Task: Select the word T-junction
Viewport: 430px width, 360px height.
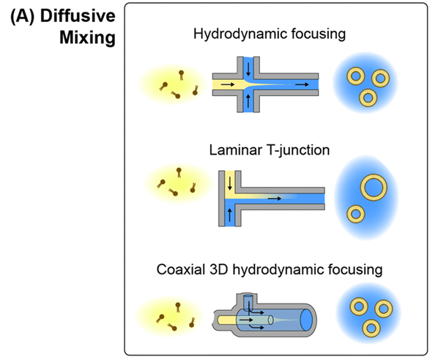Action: pos(297,150)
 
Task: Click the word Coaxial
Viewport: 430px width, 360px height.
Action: pos(180,269)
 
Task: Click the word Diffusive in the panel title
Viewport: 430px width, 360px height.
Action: pos(78,16)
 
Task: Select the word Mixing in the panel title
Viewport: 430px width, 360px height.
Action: pos(87,37)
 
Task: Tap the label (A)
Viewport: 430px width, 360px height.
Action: pos(23,16)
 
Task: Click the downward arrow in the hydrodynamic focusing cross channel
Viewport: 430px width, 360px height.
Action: pos(248,70)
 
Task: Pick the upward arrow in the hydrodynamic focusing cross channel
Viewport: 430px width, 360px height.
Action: pos(248,100)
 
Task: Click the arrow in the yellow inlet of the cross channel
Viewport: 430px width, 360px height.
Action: pos(228,84)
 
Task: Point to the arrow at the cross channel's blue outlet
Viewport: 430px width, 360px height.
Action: pos(302,84)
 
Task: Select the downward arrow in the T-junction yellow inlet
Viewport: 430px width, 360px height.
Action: pos(230,183)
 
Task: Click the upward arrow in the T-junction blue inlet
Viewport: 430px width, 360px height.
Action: pos(230,215)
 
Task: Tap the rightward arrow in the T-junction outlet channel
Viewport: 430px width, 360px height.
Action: pos(275,199)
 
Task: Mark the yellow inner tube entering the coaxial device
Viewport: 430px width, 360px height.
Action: pos(227,320)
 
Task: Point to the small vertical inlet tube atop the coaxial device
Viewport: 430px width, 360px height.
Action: pos(248,301)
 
